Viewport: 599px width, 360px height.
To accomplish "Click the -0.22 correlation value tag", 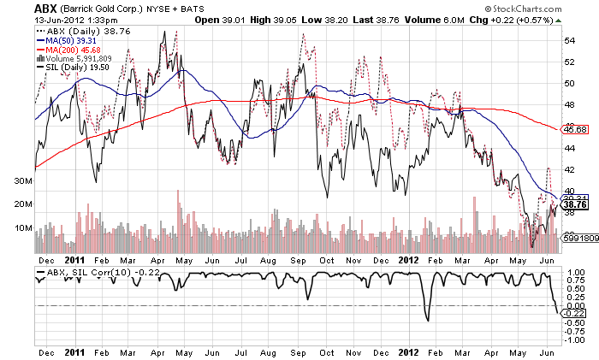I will (574, 314).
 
